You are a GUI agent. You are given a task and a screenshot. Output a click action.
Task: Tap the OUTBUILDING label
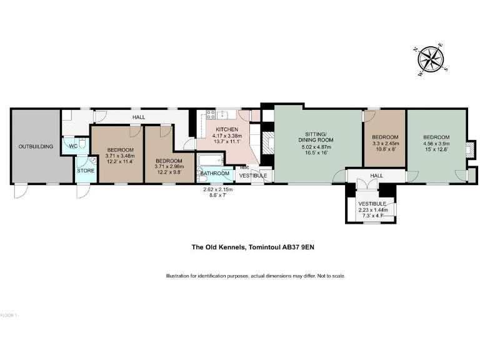tap(36, 146)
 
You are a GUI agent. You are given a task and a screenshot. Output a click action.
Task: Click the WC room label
tap(72, 146)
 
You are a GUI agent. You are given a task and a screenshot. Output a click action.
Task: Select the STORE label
tap(85, 170)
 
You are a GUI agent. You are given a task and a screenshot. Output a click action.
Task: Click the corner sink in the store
tap(92, 161)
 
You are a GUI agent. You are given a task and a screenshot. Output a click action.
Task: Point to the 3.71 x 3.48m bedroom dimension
tap(119, 156)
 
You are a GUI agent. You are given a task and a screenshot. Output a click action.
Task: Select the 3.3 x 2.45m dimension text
tap(384, 144)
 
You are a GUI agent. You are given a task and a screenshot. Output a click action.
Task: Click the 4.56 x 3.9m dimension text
tap(435, 144)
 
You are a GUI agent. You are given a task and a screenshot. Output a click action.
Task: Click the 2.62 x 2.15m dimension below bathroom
tap(217, 189)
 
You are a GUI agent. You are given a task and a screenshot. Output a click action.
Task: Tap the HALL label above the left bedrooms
tap(139, 117)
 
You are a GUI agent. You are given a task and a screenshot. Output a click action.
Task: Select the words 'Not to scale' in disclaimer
tap(330, 276)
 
